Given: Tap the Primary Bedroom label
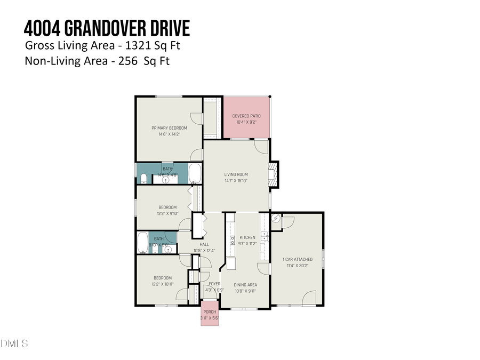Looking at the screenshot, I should click(x=169, y=128).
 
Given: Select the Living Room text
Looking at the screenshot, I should click(x=235, y=174).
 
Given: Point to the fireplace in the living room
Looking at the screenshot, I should click(x=274, y=174).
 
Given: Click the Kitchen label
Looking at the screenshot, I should click(x=247, y=237).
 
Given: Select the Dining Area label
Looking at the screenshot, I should click(x=245, y=285).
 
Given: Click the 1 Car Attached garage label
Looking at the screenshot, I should click(x=298, y=260).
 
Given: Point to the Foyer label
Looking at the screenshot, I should click(x=214, y=284).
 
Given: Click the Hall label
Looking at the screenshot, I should click(x=204, y=244).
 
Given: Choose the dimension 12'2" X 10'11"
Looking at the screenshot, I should click(x=163, y=284).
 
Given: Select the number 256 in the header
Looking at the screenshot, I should click(x=120, y=61).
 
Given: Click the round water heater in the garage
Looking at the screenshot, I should click(x=276, y=219).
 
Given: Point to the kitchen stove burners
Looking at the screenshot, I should click(x=233, y=242).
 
